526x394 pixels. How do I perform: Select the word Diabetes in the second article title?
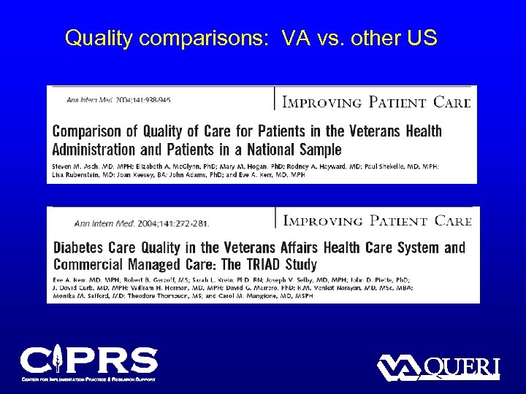(79, 248)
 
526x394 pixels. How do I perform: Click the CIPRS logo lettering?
(88, 360)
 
